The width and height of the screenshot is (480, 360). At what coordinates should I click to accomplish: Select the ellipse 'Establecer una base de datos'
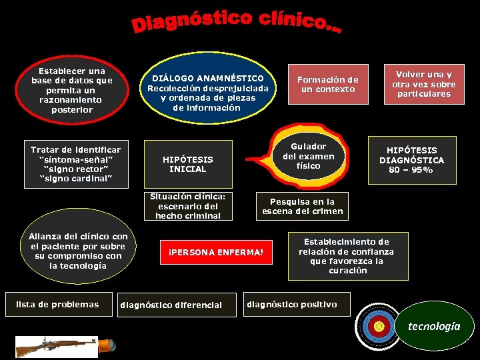coord(72,90)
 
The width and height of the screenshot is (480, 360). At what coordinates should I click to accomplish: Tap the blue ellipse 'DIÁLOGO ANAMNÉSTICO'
coord(207,92)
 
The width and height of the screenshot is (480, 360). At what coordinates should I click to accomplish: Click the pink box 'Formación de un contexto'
coord(327,84)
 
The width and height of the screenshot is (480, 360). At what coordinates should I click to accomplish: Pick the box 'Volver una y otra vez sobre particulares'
coord(424,84)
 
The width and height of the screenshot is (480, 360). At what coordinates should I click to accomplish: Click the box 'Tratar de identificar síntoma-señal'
coord(75,164)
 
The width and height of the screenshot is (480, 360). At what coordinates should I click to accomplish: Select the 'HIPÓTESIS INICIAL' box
coord(188,164)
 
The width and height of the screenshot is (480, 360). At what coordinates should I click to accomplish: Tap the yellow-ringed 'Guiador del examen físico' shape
coord(309,157)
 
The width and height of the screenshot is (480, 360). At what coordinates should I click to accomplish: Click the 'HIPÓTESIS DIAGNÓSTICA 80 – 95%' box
coord(411,160)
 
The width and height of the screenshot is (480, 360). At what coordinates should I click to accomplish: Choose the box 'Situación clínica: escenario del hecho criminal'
coord(187,206)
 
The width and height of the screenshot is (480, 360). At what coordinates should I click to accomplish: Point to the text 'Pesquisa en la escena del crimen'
coord(302,206)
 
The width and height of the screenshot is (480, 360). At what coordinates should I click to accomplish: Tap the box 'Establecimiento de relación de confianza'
coord(347,256)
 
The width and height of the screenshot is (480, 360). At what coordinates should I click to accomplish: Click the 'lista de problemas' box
coord(57,305)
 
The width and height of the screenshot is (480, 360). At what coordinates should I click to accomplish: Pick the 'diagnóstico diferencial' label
coord(171,305)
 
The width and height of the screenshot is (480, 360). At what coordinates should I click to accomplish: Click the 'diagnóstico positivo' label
coord(292,305)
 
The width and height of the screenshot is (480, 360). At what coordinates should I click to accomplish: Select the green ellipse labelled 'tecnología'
coord(433,326)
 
